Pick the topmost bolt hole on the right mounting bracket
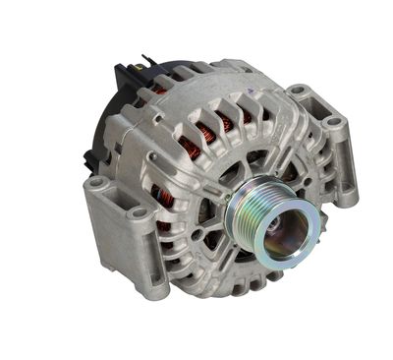point(298,93)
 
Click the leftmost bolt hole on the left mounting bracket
point(96,184)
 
